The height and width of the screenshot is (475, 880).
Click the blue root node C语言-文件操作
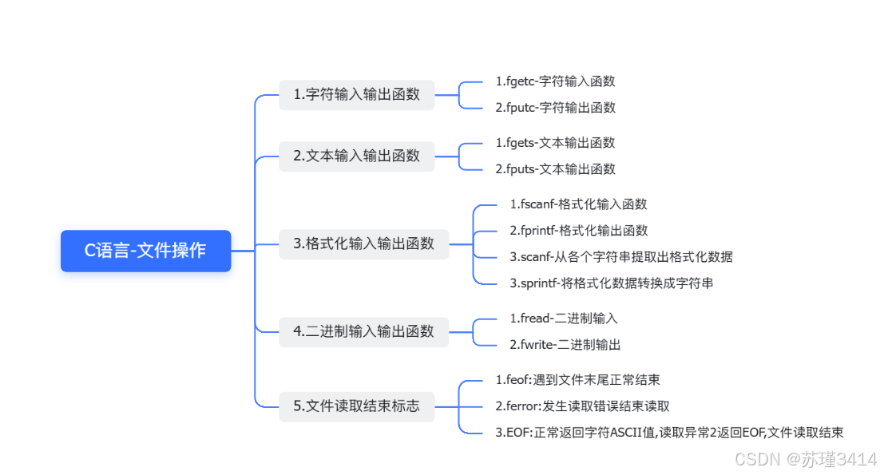(x=145, y=251)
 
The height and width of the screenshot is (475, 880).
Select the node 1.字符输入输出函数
(x=356, y=94)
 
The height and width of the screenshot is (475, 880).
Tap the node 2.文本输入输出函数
(x=356, y=156)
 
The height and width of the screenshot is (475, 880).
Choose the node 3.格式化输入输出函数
(x=363, y=243)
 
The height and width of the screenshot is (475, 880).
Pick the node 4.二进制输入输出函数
(x=363, y=331)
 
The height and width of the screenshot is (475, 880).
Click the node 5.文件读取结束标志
(x=356, y=406)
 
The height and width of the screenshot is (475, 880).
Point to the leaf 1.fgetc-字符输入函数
(x=555, y=81)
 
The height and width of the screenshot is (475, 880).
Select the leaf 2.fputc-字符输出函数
(x=555, y=108)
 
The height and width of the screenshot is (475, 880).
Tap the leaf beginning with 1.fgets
(x=555, y=143)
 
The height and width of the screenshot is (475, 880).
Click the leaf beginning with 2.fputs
(x=555, y=169)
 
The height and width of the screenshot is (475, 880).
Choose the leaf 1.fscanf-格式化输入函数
(x=578, y=204)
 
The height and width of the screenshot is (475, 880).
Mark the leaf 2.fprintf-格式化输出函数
(x=578, y=231)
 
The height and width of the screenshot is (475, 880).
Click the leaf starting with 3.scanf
(x=621, y=257)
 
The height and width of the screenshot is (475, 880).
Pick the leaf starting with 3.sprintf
(x=611, y=283)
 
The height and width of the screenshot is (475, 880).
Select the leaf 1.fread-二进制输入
(x=564, y=319)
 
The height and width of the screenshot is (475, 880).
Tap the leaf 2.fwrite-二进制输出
(x=565, y=345)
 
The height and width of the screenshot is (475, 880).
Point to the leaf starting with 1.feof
(x=577, y=380)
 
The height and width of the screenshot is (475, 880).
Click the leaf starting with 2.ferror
(x=582, y=406)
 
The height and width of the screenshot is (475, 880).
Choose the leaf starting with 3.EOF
(x=669, y=433)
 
